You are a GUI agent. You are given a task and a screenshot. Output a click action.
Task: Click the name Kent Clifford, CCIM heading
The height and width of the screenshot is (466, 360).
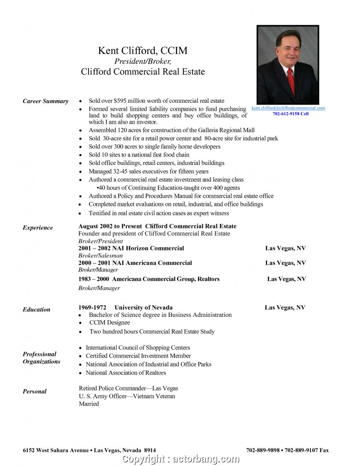143,51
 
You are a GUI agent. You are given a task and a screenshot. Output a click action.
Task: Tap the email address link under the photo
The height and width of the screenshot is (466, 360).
288,108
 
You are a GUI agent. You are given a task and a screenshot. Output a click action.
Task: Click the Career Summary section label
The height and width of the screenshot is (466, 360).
46,101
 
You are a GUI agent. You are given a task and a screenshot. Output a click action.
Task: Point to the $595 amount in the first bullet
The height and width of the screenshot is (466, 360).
120,101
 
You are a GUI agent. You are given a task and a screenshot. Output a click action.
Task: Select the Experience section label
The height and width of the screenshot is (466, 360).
38,228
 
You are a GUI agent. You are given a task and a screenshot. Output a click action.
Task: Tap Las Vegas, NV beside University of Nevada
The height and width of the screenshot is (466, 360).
285,308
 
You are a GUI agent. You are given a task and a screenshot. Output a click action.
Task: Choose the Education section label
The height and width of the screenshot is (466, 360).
36,310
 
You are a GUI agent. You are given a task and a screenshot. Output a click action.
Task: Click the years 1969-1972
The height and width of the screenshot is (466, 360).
92,308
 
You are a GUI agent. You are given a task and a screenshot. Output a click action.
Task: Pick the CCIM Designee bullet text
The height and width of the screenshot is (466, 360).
109,323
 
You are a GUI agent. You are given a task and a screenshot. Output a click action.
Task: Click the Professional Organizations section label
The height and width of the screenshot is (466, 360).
41,358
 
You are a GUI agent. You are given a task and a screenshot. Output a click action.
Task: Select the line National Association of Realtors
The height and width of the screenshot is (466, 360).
126,373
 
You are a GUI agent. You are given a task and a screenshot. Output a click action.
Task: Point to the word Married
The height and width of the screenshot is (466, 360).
89,404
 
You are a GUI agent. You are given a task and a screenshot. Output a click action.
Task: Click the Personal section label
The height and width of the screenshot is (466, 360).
35,391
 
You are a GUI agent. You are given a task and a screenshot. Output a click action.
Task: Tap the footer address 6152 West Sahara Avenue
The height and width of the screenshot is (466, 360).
56,450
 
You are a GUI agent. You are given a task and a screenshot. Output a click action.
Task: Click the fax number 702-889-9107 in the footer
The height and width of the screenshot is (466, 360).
302,450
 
